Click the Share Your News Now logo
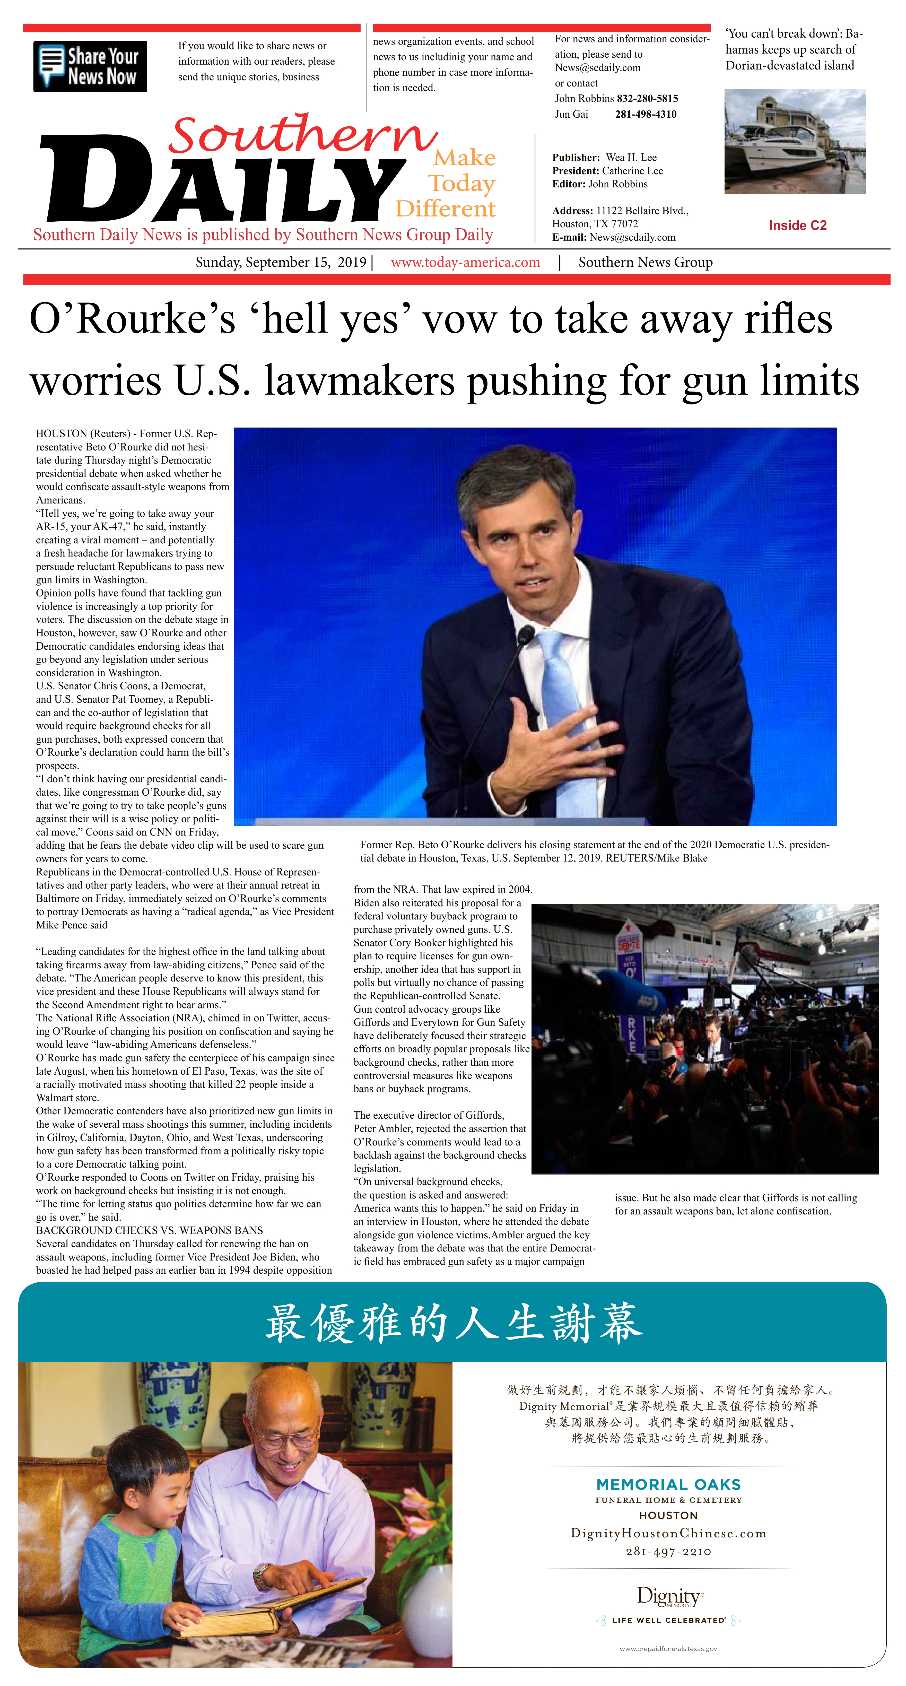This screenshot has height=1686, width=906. (90, 66)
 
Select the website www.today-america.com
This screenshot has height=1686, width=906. (465, 263)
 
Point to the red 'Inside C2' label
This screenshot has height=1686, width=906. (797, 225)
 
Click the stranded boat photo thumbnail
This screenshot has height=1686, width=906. (795, 141)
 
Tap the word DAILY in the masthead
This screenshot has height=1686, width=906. (223, 180)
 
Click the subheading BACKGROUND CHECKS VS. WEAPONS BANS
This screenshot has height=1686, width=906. (149, 1230)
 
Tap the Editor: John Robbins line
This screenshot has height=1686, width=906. (600, 184)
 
